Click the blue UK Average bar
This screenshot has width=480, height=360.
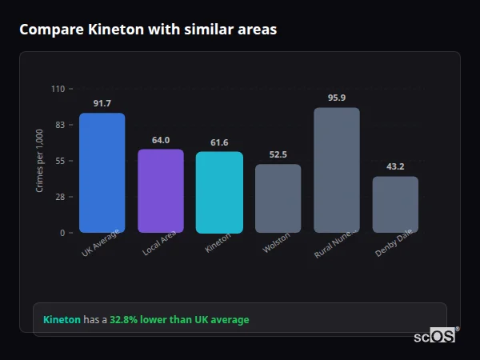102,173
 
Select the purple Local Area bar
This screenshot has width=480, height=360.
160,191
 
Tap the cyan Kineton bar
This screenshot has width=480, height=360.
219,193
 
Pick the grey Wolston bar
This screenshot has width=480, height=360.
278,198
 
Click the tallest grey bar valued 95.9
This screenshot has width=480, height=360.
337,170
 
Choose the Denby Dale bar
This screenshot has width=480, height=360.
395,205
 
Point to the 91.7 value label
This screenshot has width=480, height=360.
102,104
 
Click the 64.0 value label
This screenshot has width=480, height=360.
160,140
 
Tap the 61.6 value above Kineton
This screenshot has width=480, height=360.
219,142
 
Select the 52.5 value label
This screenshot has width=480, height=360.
278,154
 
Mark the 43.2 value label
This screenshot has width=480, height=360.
395,167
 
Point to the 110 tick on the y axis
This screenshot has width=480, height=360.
58,89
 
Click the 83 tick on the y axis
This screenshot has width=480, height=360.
60,125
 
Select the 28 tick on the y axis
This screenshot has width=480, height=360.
60,197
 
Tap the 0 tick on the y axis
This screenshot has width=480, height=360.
62,233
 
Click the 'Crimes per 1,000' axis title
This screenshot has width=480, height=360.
40,161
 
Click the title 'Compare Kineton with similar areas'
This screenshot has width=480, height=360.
148,30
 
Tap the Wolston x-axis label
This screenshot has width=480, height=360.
276,245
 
